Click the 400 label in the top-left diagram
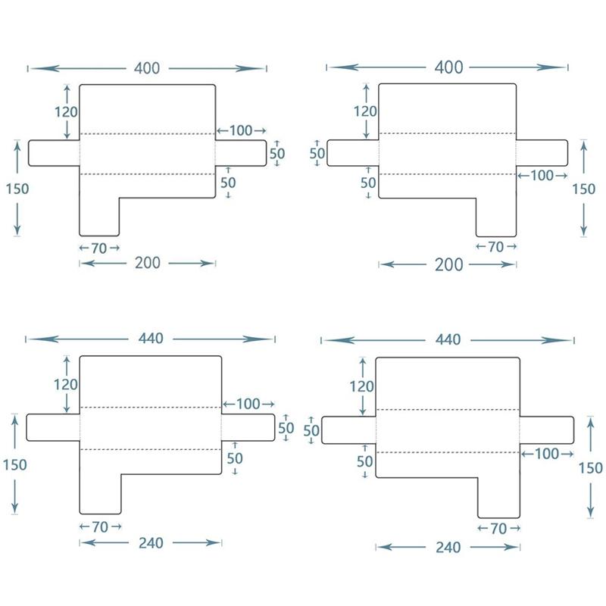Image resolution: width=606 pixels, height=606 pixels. (147, 68)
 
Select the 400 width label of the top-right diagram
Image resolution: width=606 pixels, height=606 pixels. (448, 67)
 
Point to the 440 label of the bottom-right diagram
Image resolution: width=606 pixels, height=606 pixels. (448, 340)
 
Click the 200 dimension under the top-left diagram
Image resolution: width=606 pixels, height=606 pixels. (147, 263)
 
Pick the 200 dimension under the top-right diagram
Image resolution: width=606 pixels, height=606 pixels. (448, 264)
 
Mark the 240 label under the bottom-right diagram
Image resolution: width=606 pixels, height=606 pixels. (448, 547)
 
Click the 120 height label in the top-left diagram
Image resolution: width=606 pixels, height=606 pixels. (67, 111)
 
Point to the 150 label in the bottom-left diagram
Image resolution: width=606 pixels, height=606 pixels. (15, 464)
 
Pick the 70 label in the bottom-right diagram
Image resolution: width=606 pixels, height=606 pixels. (498, 529)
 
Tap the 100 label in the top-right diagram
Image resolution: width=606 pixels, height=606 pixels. (542, 176)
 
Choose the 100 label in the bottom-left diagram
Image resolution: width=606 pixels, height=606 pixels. (248, 404)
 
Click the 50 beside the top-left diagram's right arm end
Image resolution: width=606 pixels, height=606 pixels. (277, 153)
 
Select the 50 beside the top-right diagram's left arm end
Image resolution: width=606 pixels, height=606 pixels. (317, 153)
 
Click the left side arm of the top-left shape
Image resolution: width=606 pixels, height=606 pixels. (54, 153)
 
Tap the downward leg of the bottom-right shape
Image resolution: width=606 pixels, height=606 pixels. (498, 497)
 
